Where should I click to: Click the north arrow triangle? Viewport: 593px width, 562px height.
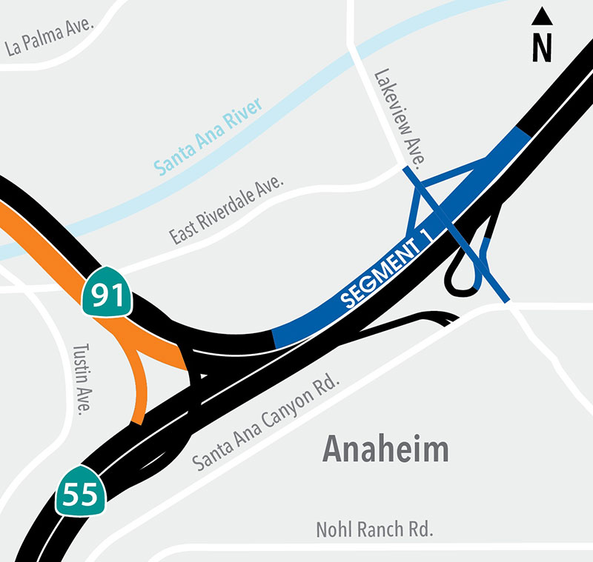(x=543, y=16)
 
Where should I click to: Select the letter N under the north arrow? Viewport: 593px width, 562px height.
(x=543, y=47)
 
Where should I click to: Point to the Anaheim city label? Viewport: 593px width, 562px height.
(x=385, y=449)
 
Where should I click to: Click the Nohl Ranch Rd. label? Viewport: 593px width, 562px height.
(x=374, y=530)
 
